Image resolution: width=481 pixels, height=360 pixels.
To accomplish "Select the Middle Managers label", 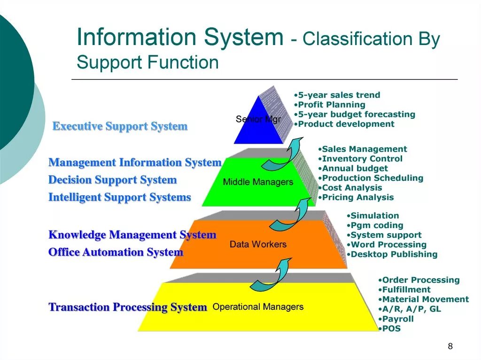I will [x=258, y=182].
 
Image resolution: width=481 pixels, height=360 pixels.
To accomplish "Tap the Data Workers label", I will [x=258, y=245].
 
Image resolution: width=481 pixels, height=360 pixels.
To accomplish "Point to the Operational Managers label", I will [x=258, y=307].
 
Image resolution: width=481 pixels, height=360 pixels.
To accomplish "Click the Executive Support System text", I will [x=120, y=126].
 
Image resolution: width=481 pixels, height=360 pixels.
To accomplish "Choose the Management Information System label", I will [x=135, y=162].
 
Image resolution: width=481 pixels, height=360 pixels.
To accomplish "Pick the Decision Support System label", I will [x=113, y=180].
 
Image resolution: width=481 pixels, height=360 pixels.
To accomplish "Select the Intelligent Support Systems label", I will [x=120, y=197].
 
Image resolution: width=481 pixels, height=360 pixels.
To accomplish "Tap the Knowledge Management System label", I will [x=132, y=235].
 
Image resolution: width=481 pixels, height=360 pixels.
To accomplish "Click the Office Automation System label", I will [x=116, y=252].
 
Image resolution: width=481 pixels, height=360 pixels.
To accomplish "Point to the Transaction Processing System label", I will [x=128, y=307].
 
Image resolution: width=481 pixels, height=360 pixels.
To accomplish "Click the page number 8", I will [x=450, y=346].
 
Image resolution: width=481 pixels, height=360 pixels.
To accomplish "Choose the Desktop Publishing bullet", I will [x=394, y=254].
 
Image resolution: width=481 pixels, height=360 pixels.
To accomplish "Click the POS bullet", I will [x=391, y=329].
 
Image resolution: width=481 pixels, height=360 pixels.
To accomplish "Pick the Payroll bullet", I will [x=397, y=319].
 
